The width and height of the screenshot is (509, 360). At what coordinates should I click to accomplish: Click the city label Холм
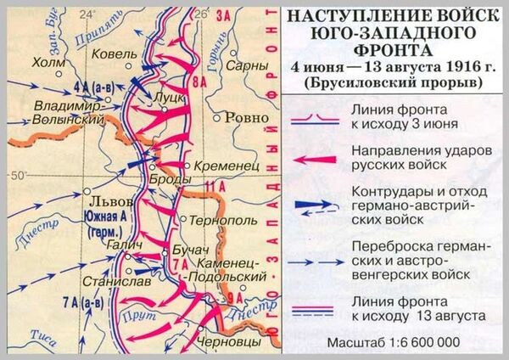pyautogui.click(x=48, y=62)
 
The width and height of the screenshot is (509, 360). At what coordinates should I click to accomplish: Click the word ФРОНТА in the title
pyautogui.click(x=390, y=49)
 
